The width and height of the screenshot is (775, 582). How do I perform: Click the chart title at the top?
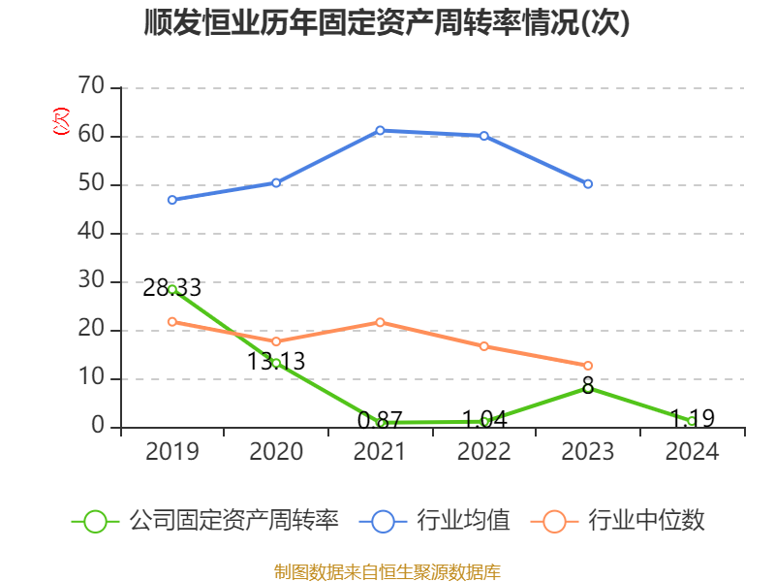pos(387,23)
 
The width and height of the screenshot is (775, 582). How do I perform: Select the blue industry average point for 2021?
pos(380,130)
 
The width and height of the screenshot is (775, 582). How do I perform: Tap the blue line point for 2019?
pos(172,200)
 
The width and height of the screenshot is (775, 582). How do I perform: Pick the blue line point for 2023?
pos(588,183)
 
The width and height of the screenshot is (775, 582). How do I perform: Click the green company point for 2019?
pos(172,289)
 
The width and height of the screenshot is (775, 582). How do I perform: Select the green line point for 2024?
pos(692,421)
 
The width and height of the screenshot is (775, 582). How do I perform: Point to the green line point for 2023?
pos(588,388)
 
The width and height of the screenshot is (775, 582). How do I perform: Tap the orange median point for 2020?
pos(276,341)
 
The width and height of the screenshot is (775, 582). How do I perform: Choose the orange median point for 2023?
pos(588,366)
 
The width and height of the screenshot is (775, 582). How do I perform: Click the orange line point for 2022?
pos(484,346)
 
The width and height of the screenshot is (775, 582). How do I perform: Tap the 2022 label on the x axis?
pos(484,452)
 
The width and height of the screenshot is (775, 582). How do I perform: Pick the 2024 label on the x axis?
pos(692,452)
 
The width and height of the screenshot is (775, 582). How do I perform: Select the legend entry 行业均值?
pos(436,521)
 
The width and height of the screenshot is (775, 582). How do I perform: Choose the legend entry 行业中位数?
pos(620,521)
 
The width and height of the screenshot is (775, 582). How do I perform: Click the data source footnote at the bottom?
pos(387,571)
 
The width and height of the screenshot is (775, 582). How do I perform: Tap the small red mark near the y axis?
pos(61,122)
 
